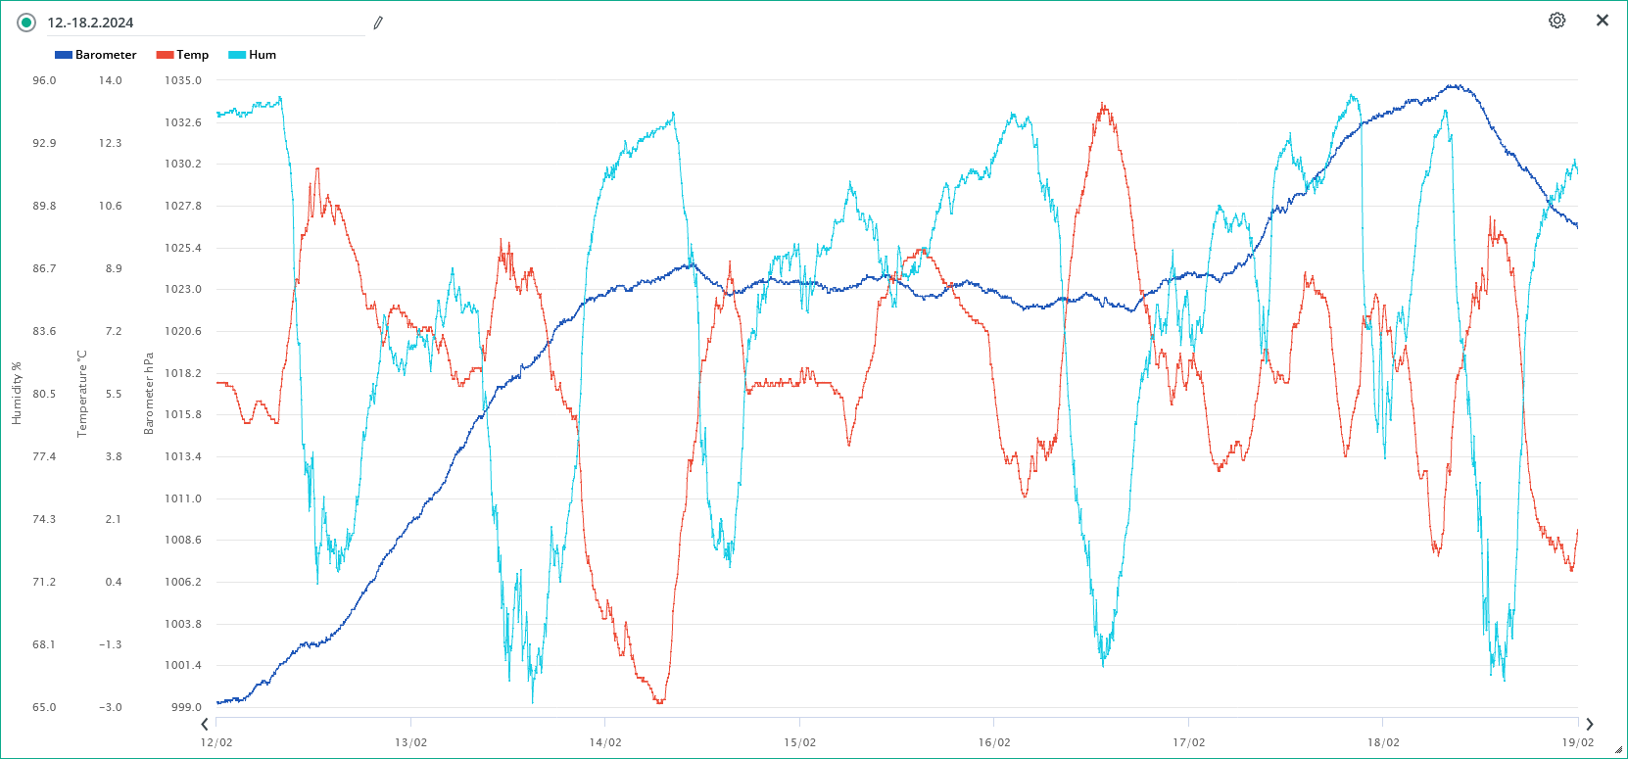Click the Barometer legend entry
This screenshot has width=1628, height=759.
(96, 55)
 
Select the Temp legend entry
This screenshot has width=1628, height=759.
(183, 55)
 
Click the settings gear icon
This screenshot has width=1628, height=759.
(1556, 21)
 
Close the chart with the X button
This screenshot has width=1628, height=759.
(1603, 21)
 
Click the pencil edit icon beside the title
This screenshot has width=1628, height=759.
(378, 23)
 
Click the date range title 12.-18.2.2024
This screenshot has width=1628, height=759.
(90, 23)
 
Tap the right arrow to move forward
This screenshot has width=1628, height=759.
(1590, 725)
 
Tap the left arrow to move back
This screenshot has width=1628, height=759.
(205, 725)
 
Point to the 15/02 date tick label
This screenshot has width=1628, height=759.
(799, 742)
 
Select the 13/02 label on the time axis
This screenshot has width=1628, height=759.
(410, 742)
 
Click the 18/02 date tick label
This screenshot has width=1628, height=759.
(1383, 742)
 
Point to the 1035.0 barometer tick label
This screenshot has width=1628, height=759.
(183, 80)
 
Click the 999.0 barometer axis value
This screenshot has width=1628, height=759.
(186, 707)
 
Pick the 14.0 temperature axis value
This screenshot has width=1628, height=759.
(110, 80)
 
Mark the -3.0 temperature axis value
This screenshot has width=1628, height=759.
(111, 707)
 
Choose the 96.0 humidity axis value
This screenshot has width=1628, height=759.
(44, 80)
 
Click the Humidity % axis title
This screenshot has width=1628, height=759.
(17, 394)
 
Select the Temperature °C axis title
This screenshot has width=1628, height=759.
(82, 394)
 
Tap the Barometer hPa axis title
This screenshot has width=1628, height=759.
(149, 394)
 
